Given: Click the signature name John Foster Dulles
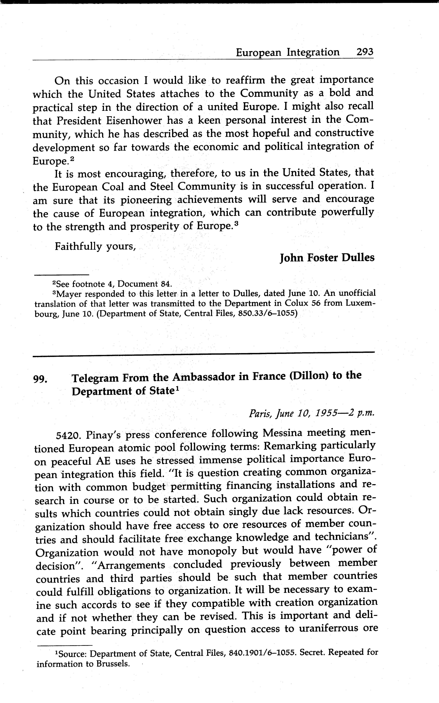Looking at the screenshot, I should point(327,258).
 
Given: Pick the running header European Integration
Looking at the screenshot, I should point(287,52).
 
